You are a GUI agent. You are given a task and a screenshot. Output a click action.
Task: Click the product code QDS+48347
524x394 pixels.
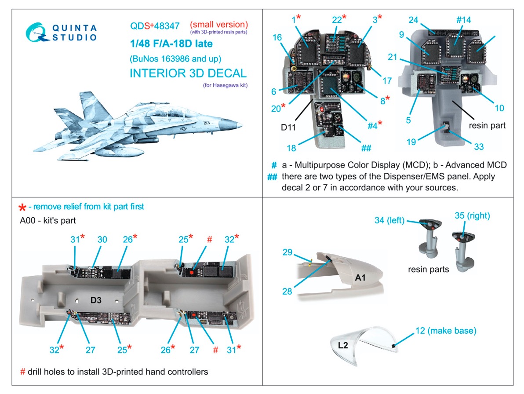pos(154,26)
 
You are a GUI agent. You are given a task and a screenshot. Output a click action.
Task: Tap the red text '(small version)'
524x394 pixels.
pos(218,24)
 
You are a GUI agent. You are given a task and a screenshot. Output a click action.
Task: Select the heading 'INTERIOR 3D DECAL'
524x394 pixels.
pos(188,73)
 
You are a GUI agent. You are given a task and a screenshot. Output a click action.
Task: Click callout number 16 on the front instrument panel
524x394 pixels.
pos(277,38)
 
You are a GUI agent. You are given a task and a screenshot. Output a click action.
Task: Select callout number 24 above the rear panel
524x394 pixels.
pos(413,20)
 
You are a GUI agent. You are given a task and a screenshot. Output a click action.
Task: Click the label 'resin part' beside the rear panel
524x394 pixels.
pos(487,125)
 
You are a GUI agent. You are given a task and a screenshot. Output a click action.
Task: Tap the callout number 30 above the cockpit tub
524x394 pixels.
pos(102,239)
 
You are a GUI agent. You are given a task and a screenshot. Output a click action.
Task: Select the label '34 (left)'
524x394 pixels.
pos(389,220)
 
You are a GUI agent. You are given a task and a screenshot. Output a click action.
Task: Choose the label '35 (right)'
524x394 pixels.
pos(472,216)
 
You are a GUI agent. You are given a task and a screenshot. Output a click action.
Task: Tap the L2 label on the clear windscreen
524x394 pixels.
pos(343,345)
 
